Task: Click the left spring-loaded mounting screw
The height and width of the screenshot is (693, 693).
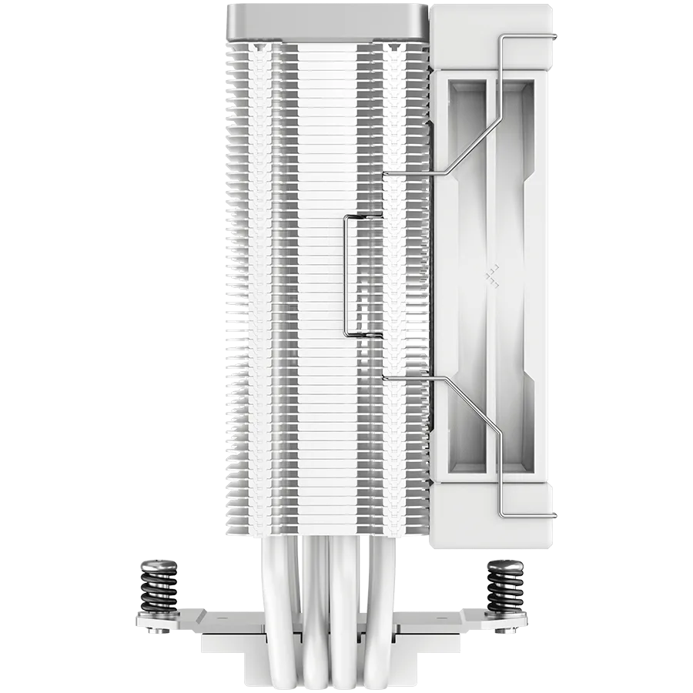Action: [152, 589]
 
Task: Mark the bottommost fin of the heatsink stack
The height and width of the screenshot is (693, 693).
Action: [327, 531]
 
